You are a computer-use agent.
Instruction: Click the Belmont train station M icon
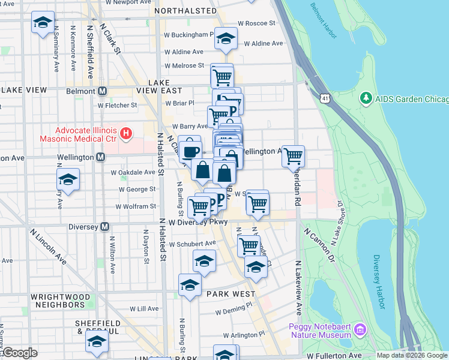[102, 91]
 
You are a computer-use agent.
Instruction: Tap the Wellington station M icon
[100, 157]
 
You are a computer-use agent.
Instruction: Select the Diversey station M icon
[104, 226]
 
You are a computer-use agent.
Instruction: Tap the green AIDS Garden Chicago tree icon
[365, 97]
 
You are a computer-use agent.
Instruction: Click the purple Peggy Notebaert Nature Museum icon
[360, 329]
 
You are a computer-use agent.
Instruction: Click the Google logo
[19, 353]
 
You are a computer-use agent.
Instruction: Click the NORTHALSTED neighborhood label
[185, 11]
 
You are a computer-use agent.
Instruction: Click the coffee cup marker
[190, 151]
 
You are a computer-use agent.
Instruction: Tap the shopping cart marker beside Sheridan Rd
[293, 156]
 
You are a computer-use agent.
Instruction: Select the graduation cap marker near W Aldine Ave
[226, 39]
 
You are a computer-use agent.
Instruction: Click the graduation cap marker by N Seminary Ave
[42, 23]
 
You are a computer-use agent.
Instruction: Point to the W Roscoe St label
[256, 23]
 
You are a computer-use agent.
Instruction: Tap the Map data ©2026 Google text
[412, 355]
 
